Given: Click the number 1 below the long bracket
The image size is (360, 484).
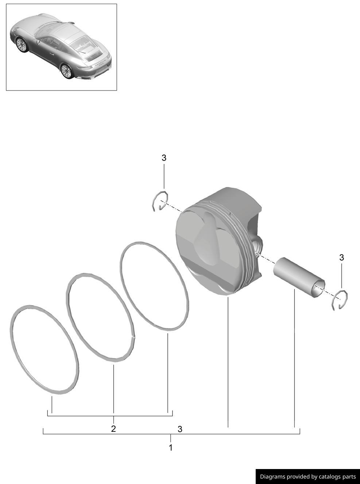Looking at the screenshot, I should [170, 447].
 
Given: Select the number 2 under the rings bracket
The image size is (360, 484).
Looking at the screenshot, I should [113, 429].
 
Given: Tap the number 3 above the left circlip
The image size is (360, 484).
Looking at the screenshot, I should [164, 158].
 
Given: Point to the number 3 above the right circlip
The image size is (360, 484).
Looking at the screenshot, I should [341, 258].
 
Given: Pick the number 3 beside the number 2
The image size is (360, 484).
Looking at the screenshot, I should [180, 429].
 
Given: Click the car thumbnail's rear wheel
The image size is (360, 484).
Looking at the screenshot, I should [67, 71].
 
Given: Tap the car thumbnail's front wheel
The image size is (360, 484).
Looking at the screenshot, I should [21, 45].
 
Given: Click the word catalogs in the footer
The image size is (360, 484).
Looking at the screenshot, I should [332, 477].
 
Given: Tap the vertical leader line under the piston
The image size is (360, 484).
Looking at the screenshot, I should [228, 365].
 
